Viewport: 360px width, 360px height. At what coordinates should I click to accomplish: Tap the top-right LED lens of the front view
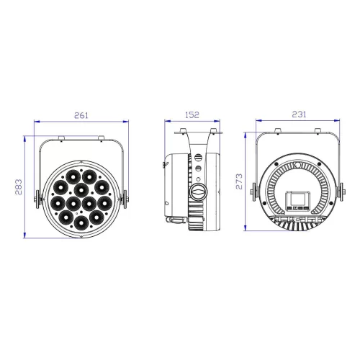(x=91, y=176)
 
